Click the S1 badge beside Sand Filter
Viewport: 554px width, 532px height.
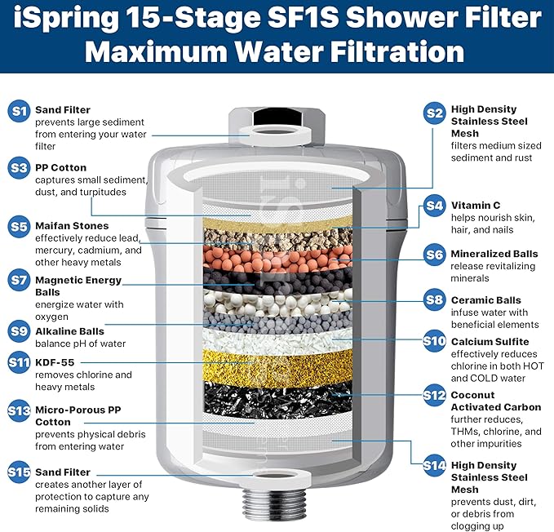click(x=19, y=110)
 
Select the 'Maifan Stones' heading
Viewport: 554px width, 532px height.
click(x=72, y=225)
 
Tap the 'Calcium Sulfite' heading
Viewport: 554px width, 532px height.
click(x=490, y=341)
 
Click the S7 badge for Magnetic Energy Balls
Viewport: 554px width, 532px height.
click(x=19, y=280)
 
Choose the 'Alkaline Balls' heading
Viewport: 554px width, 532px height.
click(x=69, y=331)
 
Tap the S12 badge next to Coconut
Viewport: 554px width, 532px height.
click(x=434, y=396)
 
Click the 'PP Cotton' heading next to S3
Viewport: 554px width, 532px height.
click(x=60, y=167)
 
